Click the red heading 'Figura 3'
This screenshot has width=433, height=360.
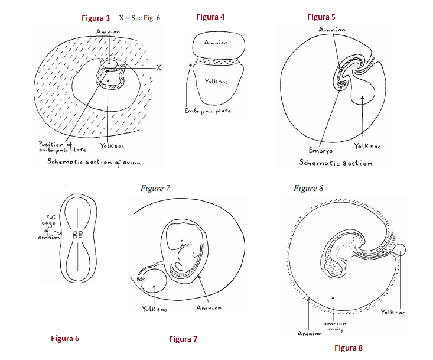point(95,18)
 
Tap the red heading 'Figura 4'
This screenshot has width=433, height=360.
point(210,17)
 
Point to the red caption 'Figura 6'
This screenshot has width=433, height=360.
point(64,339)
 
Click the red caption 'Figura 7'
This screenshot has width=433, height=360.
point(183,339)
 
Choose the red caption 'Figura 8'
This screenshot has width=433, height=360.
point(349,348)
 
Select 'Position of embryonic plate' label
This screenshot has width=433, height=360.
point(62,147)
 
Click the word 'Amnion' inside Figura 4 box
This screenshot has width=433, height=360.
point(216,43)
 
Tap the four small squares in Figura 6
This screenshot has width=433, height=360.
point(76,235)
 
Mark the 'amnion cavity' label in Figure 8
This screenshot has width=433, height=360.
point(334,326)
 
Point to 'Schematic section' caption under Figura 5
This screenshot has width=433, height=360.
point(336,163)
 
